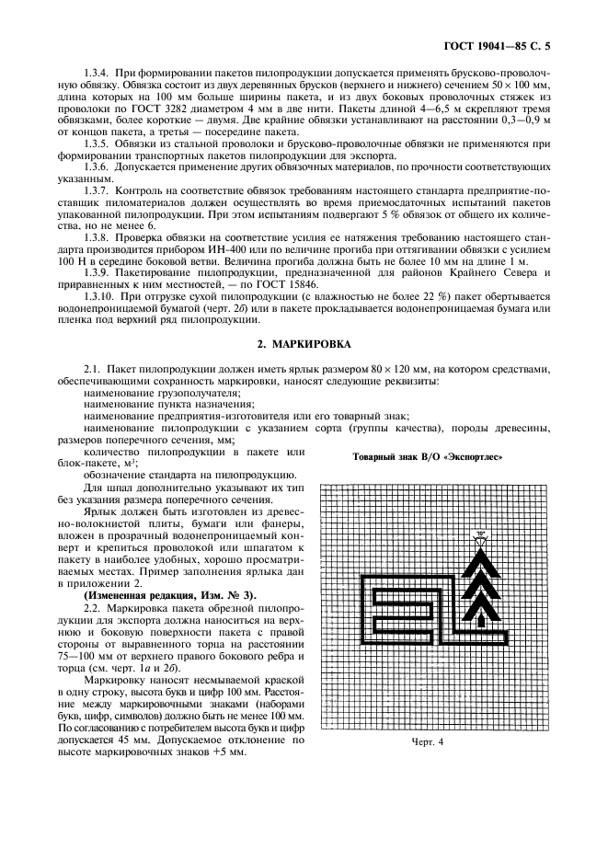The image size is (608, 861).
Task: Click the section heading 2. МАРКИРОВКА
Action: (304, 343)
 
